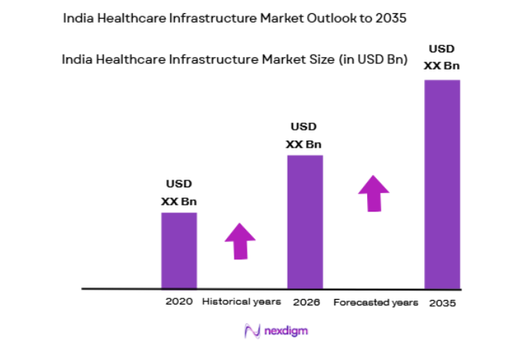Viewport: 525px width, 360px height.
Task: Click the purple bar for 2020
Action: [179, 250]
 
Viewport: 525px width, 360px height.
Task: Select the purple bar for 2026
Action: [305, 222]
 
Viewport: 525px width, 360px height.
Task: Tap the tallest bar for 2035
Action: [441, 184]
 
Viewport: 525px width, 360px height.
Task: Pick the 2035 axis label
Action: [443, 302]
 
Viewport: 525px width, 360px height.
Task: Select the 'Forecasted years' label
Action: [376, 302]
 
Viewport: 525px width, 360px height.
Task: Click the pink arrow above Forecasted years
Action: [373, 193]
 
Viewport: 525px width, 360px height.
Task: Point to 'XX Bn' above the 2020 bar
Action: [179, 201]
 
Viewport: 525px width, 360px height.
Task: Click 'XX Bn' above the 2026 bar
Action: [304, 144]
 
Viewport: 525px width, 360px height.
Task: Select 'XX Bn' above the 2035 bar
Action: [441, 66]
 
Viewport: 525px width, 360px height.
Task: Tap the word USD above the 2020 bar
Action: [179, 184]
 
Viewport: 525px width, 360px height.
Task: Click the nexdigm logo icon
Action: [252, 331]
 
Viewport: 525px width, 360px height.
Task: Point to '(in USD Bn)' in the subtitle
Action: [366, 59]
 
